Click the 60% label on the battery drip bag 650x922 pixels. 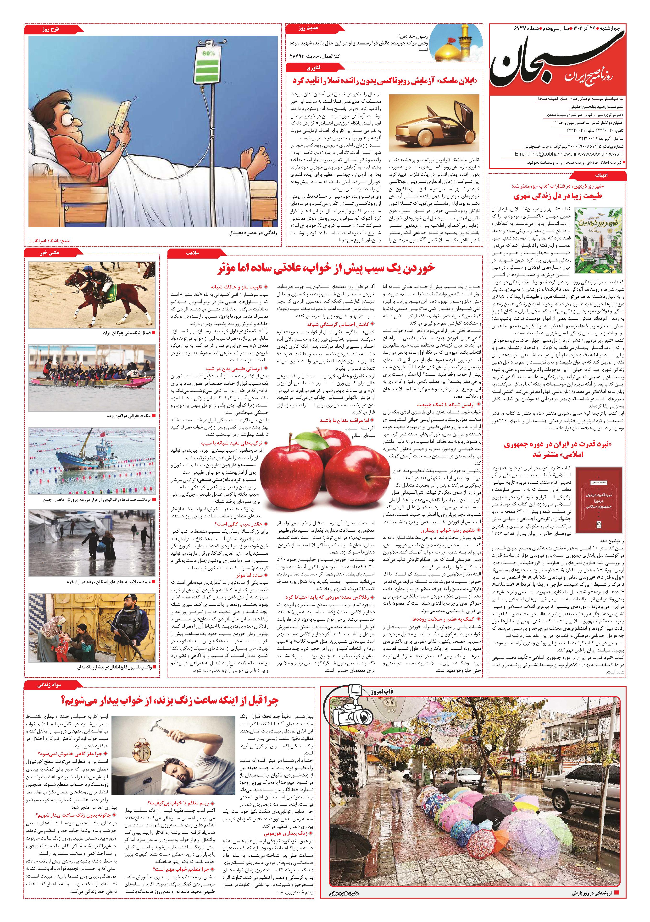[209, 53]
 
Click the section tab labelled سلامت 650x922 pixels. [193, 253]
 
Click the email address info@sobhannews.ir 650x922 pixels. [545, 153]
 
